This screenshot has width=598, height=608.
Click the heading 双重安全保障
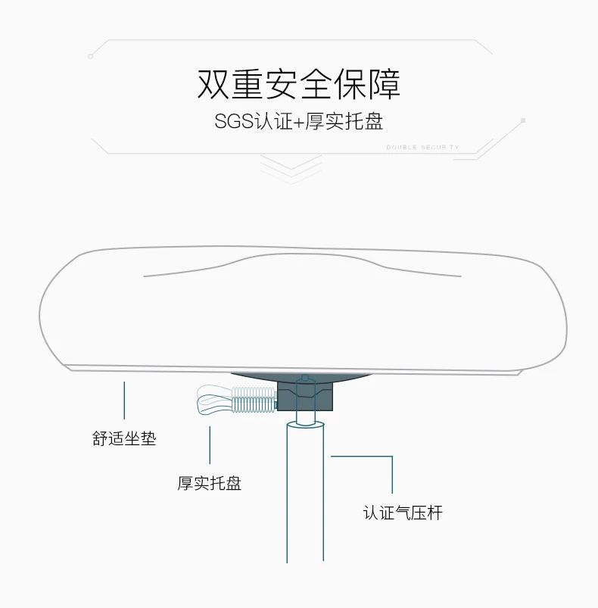point(298,84)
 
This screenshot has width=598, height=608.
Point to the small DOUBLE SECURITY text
point(422,148)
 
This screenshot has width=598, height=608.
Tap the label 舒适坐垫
point(124,438)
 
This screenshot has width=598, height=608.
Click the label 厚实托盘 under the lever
point(210,482)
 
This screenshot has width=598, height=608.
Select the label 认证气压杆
point(402,513)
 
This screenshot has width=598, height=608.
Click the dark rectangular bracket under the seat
point(304,395)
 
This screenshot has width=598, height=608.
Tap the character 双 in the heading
point(213,84)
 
